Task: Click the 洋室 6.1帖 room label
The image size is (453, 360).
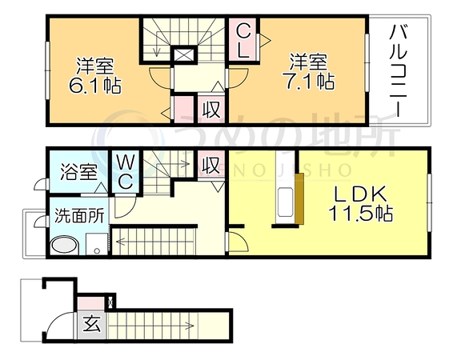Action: [x=94, y=76]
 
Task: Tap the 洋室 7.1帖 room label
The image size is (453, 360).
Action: [x=309, y=71]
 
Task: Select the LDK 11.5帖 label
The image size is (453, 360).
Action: [x=360, y=203]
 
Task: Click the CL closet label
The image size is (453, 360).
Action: [x=243, y=41]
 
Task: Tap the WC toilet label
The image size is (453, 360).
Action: [x=126, y=172]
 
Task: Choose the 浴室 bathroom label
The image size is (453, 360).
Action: [x=78, y=172]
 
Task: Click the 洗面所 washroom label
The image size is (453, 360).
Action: [x=79, y=215]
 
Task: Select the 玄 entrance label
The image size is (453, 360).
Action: [x=92, y=324]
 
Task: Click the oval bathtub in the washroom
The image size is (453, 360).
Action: [x=65, y=246]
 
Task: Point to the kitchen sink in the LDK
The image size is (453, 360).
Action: [x=285, y=202]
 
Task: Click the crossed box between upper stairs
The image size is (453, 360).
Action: [x=184, y=54]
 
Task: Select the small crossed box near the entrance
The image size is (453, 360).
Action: [x=110, y=302]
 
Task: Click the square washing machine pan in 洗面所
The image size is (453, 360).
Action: [x=97, y=244]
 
